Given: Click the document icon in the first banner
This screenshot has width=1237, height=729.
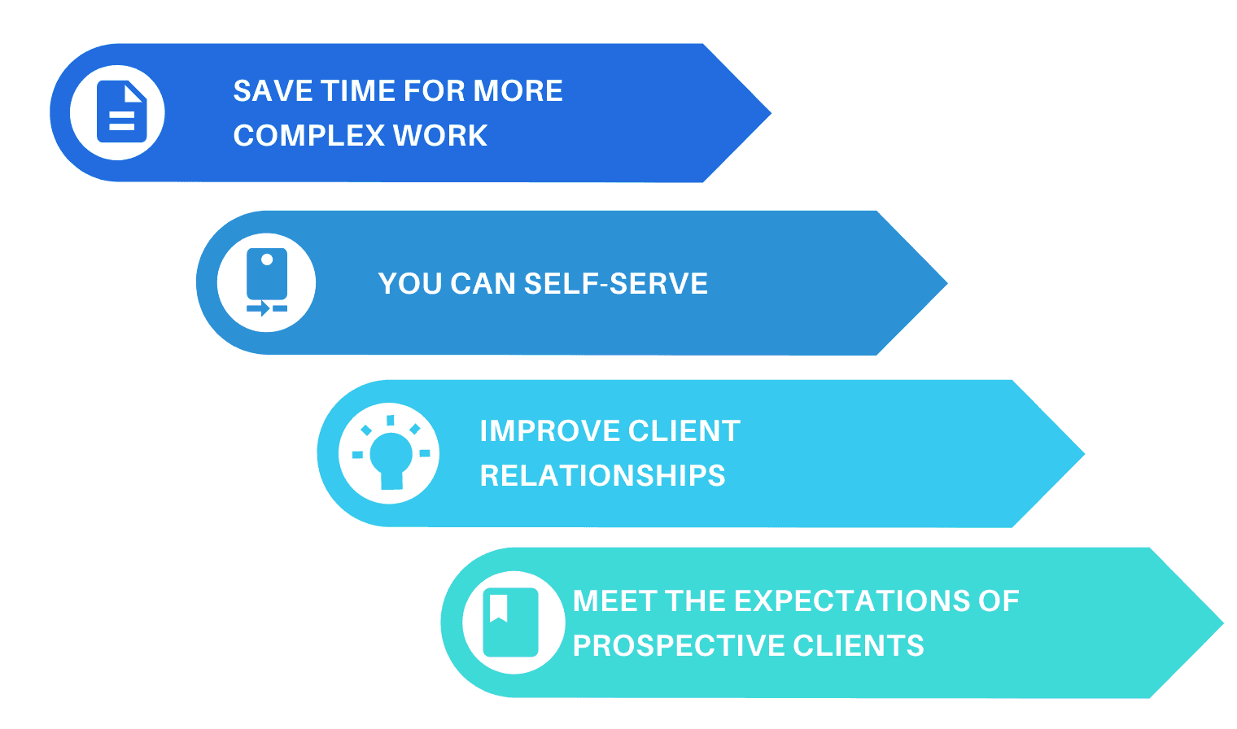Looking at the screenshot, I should coord(121,112).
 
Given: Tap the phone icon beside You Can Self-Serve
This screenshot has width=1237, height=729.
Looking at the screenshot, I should coord(267,282).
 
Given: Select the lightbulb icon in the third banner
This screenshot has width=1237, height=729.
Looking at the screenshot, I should coord(391,454).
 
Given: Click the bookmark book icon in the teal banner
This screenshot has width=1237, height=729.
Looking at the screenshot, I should coord(510,622).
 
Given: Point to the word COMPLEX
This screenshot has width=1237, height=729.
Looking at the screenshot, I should coord(309,136).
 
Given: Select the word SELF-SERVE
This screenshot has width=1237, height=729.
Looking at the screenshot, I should coord(615,284).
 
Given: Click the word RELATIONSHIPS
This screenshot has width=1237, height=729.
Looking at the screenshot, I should coord(602,476).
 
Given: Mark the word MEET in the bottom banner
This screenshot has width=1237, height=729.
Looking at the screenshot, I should coord(614,601).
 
